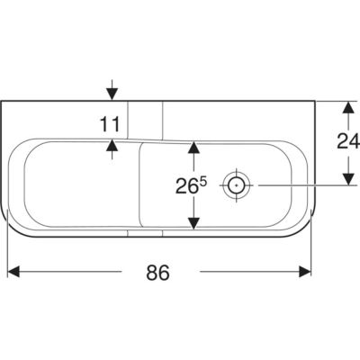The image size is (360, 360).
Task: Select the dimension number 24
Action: [x=348, y=141]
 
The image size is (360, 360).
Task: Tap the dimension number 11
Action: [x=110, y=124]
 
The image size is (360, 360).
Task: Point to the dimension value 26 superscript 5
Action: [x=191, y=185]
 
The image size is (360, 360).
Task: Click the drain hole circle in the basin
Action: [x=237, y=185]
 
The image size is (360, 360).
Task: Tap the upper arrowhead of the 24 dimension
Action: [x=348, y=107]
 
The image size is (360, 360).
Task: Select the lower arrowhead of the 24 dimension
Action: [x=348, y=179]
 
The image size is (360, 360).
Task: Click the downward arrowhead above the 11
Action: [x=112, y=94]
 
